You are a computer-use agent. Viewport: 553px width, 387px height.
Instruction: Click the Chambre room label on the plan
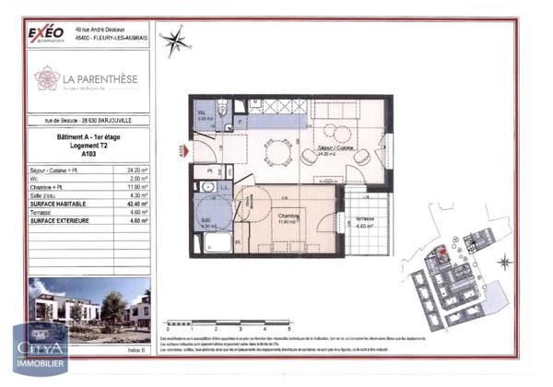tap(288, 217)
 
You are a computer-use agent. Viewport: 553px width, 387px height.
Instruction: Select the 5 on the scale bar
tap(288, 328)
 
